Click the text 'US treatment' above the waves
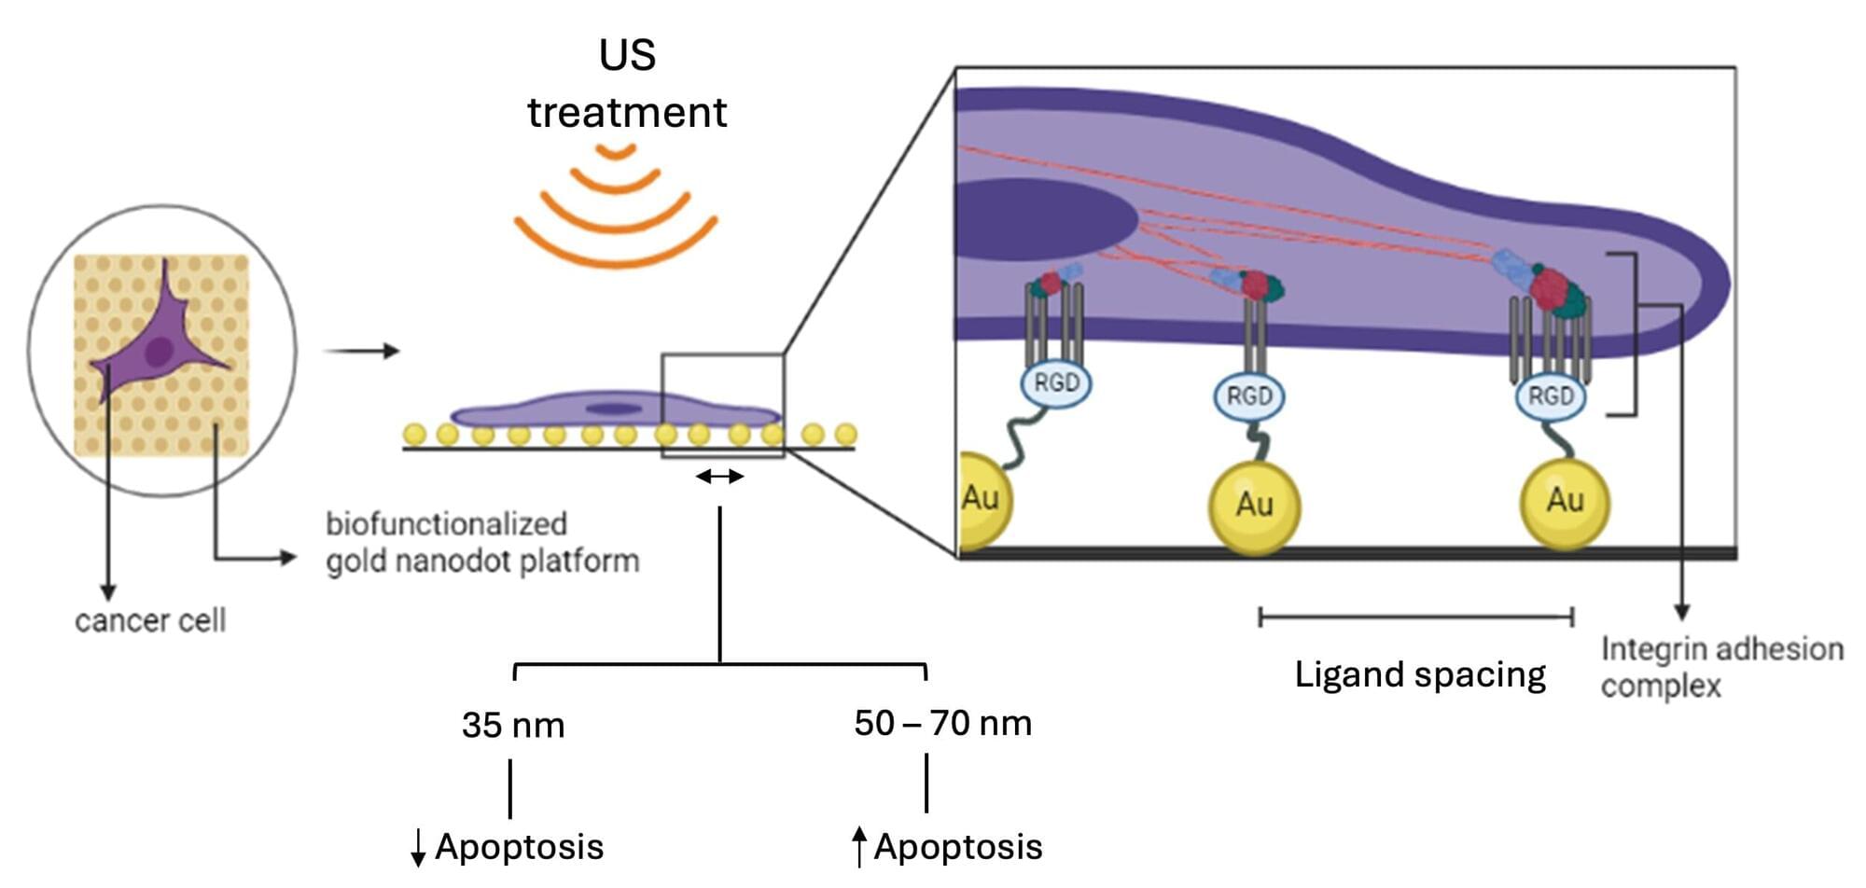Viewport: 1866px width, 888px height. pyautogui.click(x=627, y=84)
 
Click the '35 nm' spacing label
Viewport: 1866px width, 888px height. pyautogui.click(x=513, y=726)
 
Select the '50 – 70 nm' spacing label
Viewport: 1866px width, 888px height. pyautogui.click(x=943, y=724)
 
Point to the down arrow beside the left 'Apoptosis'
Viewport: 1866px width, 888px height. pyautogui.click(x=418, y=847)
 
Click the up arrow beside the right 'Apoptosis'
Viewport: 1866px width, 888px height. pyautogui.click(x=859, y=846)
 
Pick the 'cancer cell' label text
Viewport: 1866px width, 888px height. pyautogui.click(x=150, y=620)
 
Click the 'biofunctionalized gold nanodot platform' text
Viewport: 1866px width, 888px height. pyautogui.click(x=481, y=543)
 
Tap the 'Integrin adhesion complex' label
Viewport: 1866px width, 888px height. pyautogui.click(x=1721, y=667)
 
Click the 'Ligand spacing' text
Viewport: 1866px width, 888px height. pyautogui.click(x=1419, y=674)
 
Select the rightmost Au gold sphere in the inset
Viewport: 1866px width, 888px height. pyautogui.click(x=1565, y=502)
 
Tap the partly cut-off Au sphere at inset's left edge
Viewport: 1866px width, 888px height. pyautogui.click(x=982, y=499)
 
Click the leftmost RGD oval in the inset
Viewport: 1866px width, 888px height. pyautogui.click(x=1056, y=382)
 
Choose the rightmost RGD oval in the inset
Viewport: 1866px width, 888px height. pyautogui.click(x=1551, y=396)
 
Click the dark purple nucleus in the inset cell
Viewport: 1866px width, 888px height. pyautogui.click(x=1036, y=219)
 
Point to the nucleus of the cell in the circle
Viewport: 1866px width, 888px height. pyautogui.click(x=159, y=352)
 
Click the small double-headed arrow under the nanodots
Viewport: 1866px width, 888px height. pyautogui.click(x=720, y=477)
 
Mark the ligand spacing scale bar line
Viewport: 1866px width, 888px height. pyautogui.click(x=1415, y=617)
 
